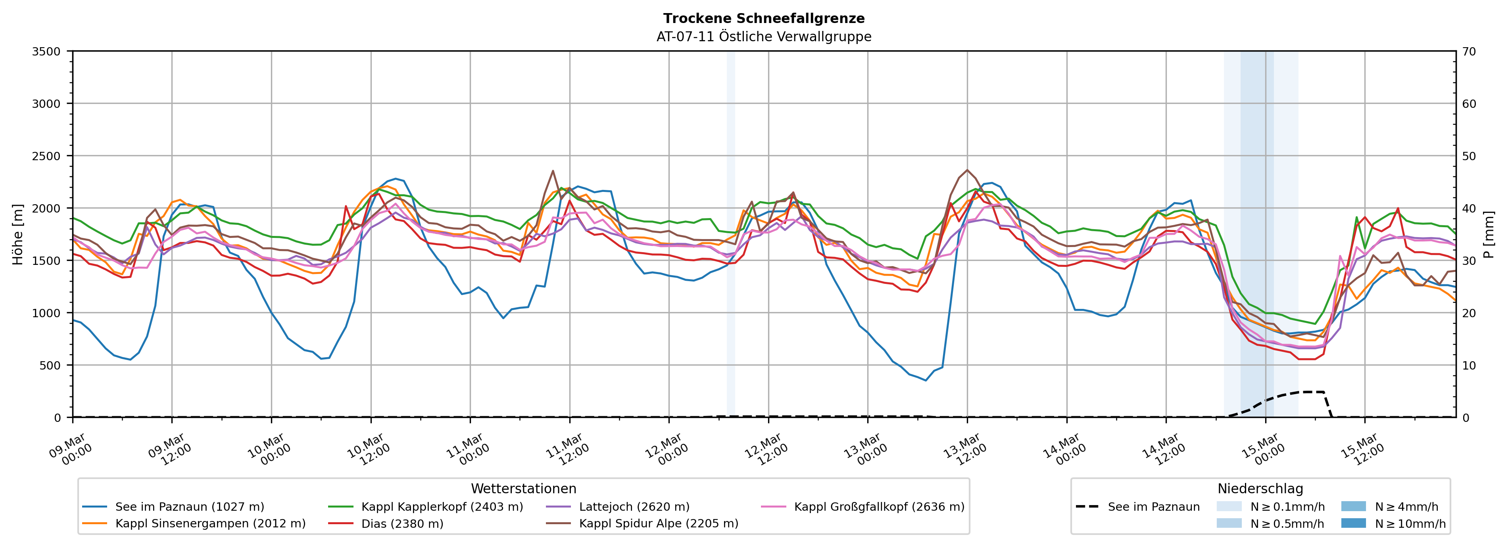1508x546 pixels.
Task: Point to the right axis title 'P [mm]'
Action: click(x=1489, y=234)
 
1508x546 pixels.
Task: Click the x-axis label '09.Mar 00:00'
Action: click(x=70, y=449)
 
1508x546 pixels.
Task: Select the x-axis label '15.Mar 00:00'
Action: click(x=1263, y=449)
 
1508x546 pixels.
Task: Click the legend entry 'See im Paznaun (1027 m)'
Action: click(x=189, y=507)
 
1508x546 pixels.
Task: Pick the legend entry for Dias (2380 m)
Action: click(x=402, y=524)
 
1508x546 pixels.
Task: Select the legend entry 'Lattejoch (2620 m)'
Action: click(x=634, y=507)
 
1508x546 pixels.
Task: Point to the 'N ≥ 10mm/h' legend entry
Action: click(x=1410, y=524)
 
